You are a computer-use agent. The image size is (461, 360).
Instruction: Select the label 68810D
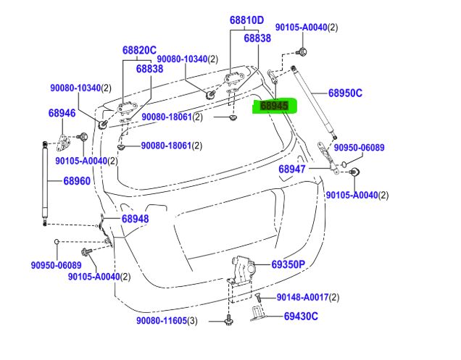[x=247, y=20]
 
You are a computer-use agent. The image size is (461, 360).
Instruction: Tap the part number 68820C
[x=139, y=51]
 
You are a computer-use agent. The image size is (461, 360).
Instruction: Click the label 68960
[x=76, y=181]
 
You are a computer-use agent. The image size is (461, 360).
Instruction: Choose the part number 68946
[x=62, y=113]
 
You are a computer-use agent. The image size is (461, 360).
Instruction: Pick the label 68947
[x=294, y=169]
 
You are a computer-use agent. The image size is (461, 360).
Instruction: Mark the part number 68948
[x=135, y=219]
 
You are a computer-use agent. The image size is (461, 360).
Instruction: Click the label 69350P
[x=288, y=264]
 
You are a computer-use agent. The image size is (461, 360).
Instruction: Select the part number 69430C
[x=301, y=316]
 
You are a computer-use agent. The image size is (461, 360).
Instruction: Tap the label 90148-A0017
[x=302, y=298]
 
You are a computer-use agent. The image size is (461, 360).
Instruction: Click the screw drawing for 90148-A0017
[x=257, y=298]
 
